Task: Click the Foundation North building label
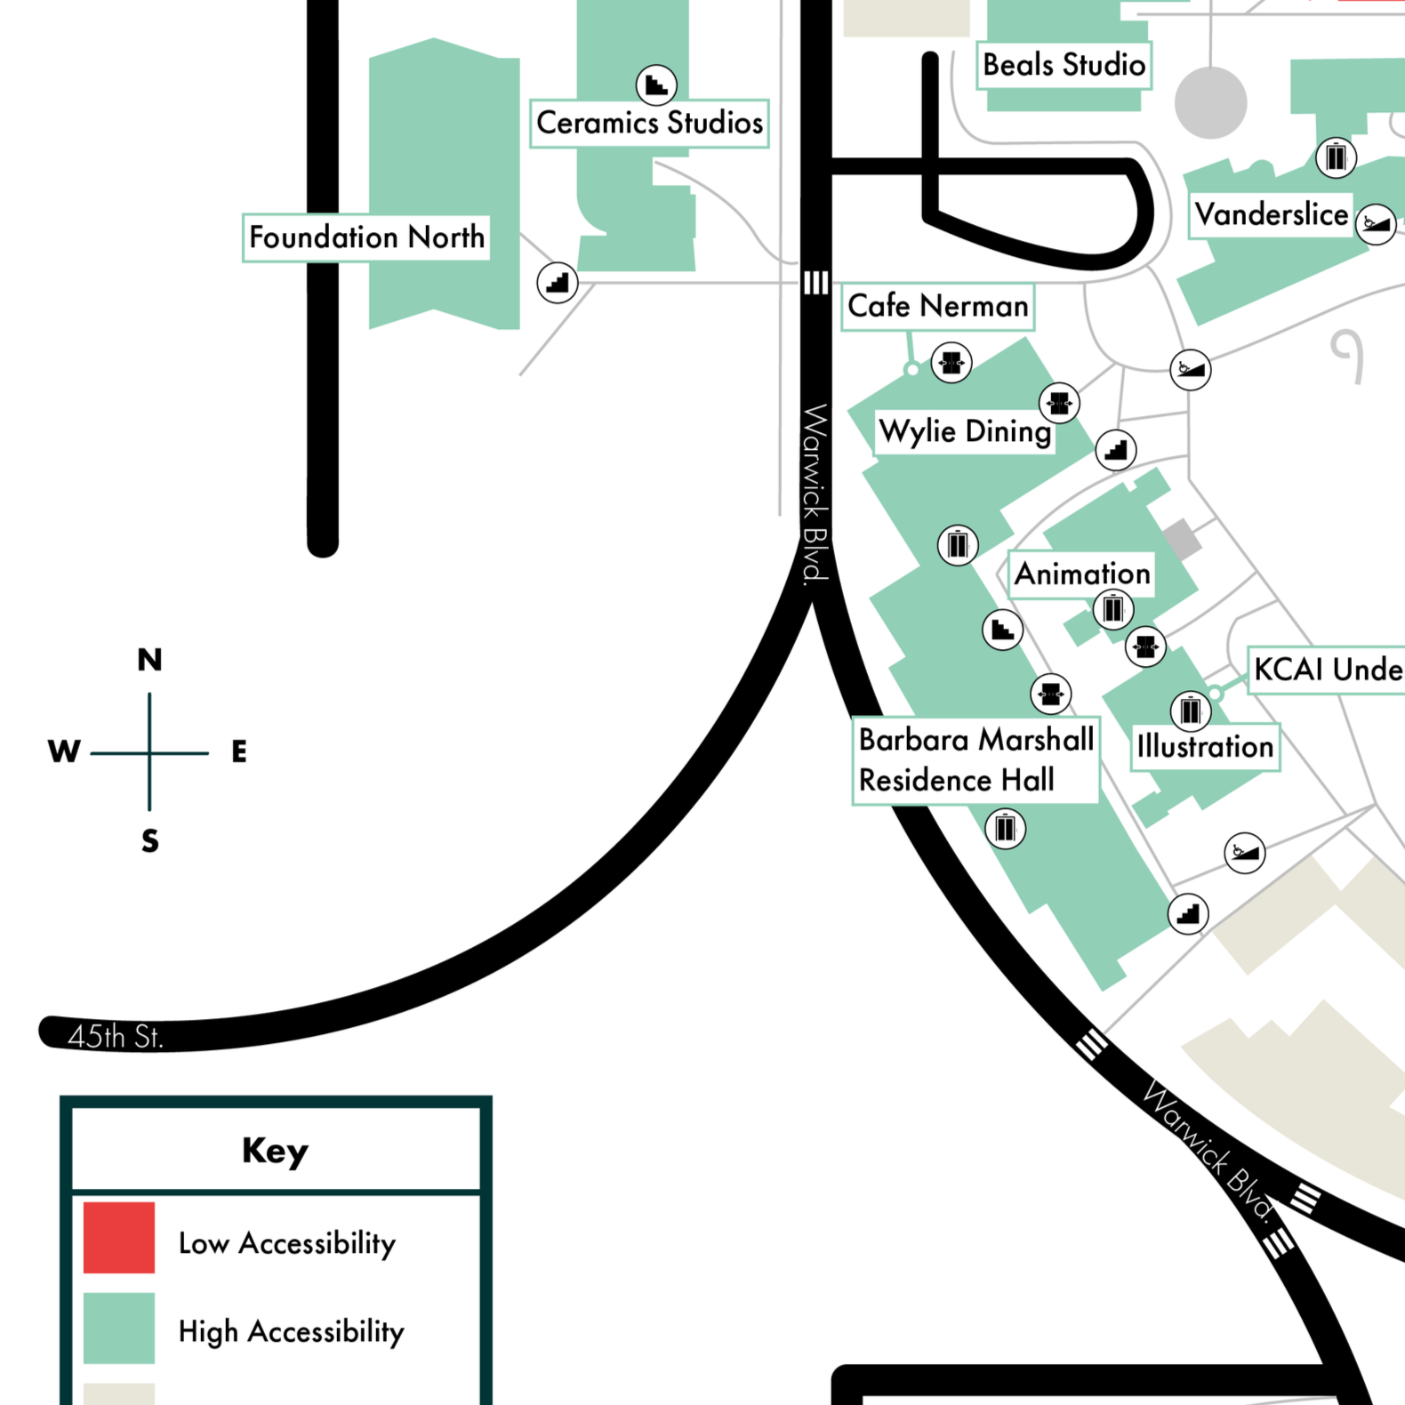point(366,237)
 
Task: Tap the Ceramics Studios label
point(649,123)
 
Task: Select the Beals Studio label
point(1064,65)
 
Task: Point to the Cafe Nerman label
point(937,307)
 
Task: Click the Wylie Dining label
point(965,432)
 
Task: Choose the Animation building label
point(1081,574)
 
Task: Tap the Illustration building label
point(1205,747)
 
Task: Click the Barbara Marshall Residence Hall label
point(975,760)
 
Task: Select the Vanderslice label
point(1271,215)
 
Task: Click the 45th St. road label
point(116,1037)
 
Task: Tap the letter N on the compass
point(149,660)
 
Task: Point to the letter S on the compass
point(149,841)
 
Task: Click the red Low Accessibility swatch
point(119,1237)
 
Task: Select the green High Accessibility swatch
point(119,1328)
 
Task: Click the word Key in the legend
point(275,1151)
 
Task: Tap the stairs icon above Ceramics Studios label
point(656,85)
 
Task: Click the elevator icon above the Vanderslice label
point(1336,157)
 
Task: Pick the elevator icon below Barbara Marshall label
point(1005,829)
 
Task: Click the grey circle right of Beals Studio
point(1210,102)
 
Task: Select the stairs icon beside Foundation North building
point(558,283)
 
